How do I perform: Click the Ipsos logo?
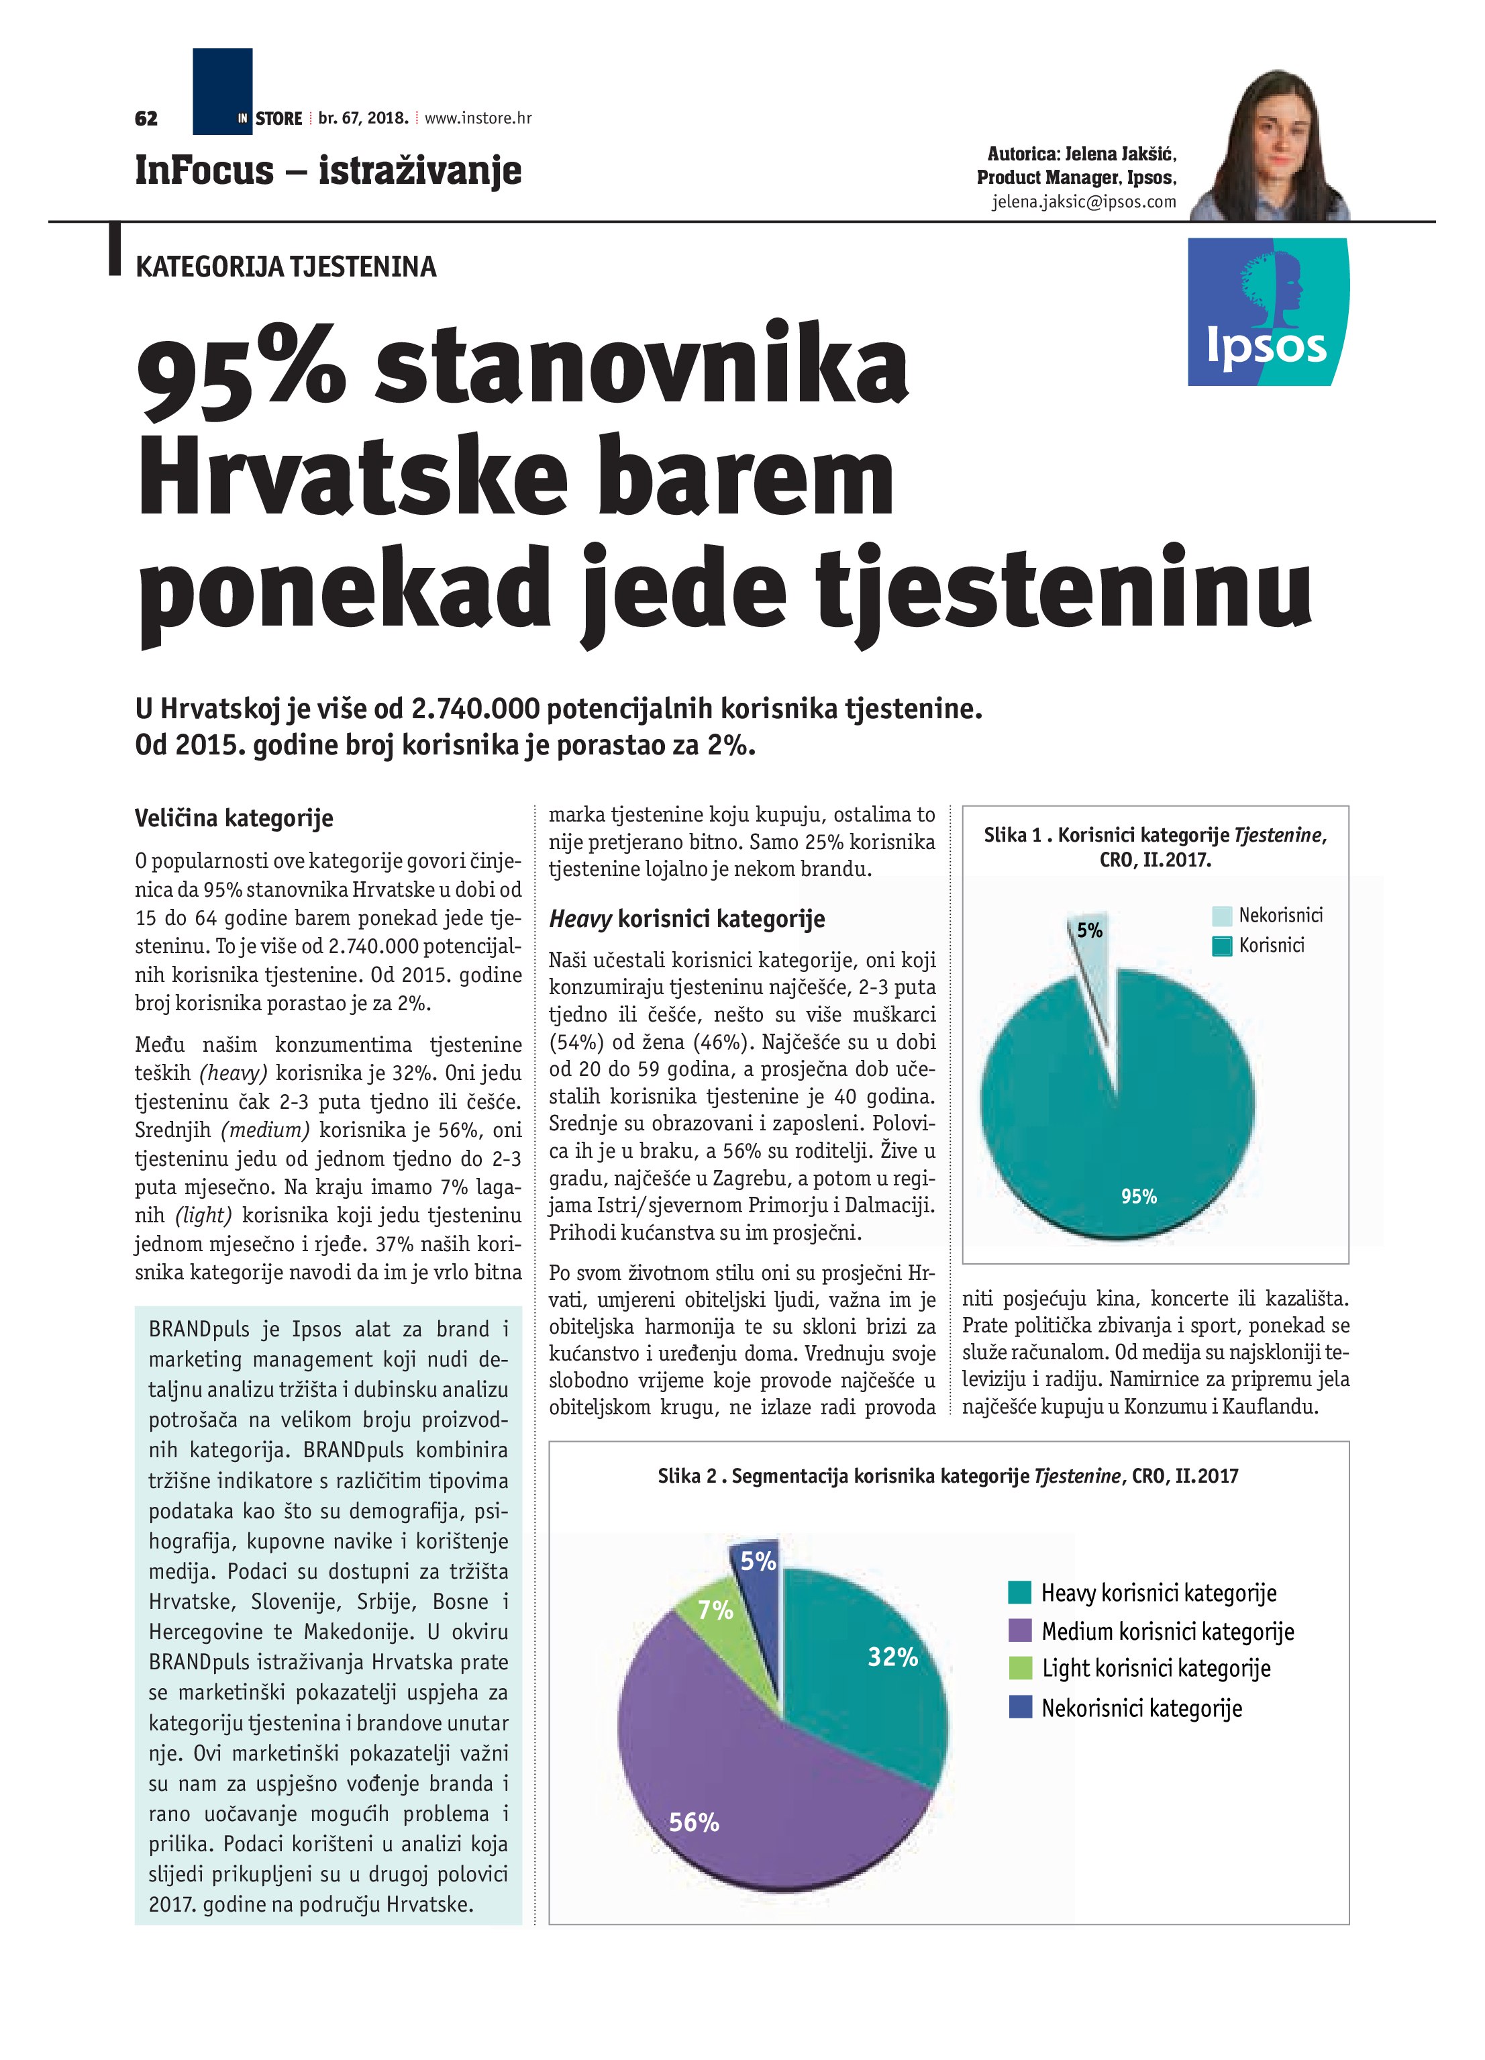click(1268, 311)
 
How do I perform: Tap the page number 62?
click(146, 118)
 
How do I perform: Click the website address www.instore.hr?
click(478, 118)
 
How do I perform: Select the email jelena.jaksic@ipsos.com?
click(1084, 201)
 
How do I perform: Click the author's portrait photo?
click(1270, 146)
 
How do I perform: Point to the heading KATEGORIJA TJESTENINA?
click(285, 267)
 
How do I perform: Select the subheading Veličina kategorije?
click(234, 818)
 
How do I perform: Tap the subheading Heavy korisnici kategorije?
click(686, 919)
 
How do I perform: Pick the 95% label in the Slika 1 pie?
click(1138, 1197)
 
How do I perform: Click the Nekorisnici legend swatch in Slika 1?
click(1223, 916)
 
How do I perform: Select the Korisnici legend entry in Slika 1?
click(1271, 946)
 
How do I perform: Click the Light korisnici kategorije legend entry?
click(1156, 1669)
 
